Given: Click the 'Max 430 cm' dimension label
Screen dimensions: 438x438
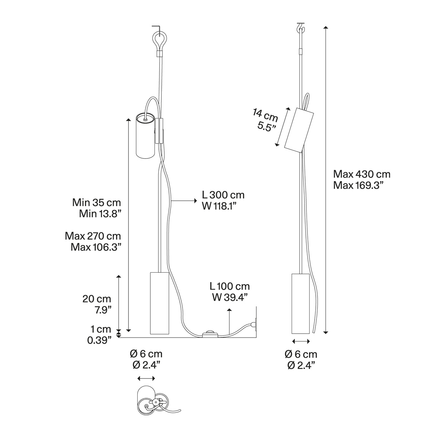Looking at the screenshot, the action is [x=362, y=174].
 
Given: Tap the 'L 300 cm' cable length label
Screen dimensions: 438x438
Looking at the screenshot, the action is [x=223, y=195].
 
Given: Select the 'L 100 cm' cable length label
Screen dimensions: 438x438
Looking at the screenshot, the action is [x=230, y=286].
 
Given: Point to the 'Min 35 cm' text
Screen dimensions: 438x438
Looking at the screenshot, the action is [x=97, y=203].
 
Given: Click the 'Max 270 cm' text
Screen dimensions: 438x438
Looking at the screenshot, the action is [x=93, y=236].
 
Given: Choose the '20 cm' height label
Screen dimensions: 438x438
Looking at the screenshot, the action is [x=97, y=299].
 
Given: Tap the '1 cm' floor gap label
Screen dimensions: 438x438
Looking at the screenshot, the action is [x=101, y=329].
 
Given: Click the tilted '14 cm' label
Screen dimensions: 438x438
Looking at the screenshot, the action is [x=265, y=116].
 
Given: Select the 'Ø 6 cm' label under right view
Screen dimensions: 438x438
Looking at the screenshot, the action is [x=301, y=354].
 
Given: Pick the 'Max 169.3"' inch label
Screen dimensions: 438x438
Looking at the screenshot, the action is [x=358, y=185].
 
